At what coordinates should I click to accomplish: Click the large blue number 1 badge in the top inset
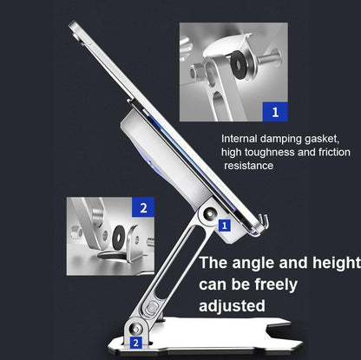(x=275, y=112)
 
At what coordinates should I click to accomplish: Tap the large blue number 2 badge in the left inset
(x=143, y=207)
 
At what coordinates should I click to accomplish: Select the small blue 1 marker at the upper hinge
(x=225, y=226)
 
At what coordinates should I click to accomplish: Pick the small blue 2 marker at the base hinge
(x=136, y=343)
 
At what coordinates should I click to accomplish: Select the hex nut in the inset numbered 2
(x=75, y=232)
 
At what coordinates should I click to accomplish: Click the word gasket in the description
(x=321, y=139)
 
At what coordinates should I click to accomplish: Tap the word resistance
(x=249, y=166)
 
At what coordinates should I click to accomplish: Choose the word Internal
(x=239, y=139)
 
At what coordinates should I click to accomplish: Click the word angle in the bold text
(x=253, y=264)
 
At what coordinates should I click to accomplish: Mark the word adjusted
(x=232, y=306)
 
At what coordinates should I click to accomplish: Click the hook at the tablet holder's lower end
(x=262, y=222)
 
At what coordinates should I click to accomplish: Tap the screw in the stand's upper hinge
(x=209, y=214)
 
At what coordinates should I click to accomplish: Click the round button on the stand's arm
(x=152, y=309)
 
